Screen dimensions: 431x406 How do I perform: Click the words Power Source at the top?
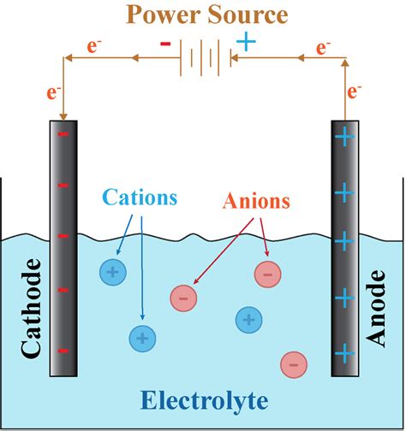pyautogui.click(x=203, y=15)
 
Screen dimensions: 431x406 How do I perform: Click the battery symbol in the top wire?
pyautogui.click(x=204, y=58)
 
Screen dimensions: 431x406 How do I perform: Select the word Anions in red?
pyautogui.click(x=256, y=202)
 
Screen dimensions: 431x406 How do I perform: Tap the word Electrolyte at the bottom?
pyautogui.click(x=204, y=400)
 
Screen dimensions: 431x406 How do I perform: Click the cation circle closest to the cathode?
pyautogui.click(x=111, y=273)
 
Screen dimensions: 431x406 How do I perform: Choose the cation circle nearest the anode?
pyautogui.click(x=248, y=320)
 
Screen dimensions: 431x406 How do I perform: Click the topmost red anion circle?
pyautogui.click(x=267, y=274)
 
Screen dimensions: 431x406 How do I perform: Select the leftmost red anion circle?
pyautogui.click(x=182, y=298)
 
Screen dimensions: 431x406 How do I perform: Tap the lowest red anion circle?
pyautogui.click(x=293, y=364)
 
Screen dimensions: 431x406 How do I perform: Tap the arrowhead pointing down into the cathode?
pyautogui.click(x=62, y=116)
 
